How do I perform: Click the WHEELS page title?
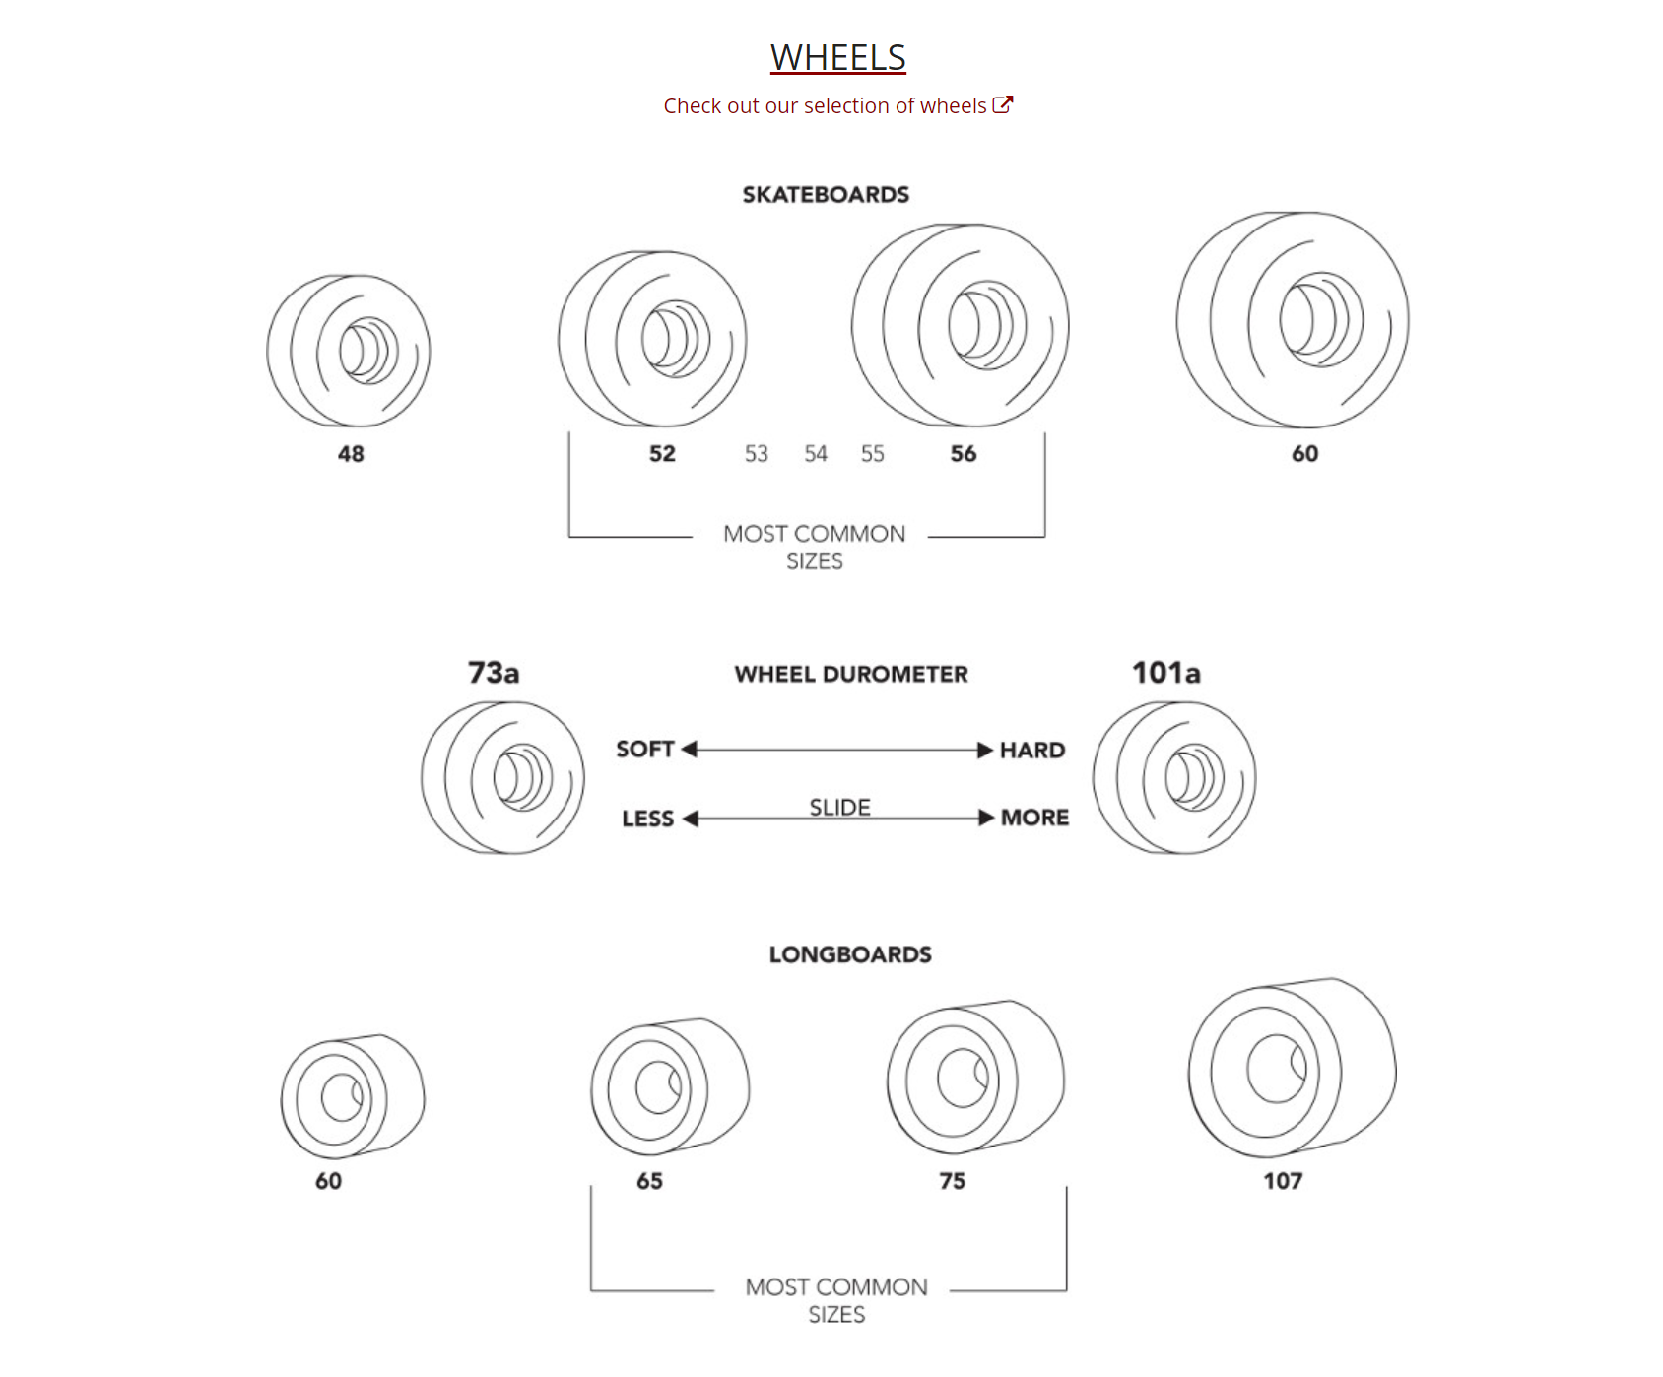837,57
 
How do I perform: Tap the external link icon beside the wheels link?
1003,104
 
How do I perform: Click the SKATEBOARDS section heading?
826,194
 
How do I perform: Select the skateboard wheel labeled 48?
349,351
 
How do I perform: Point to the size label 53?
756,454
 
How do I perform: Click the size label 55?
872,454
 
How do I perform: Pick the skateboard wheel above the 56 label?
961,325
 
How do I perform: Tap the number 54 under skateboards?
815,454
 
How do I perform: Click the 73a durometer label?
494,673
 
